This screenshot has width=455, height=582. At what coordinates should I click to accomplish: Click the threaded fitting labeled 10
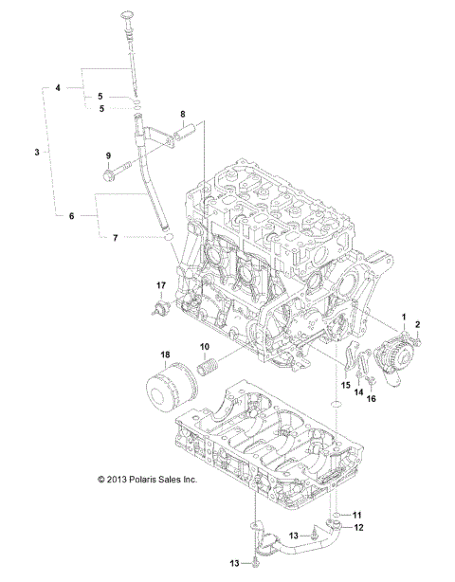click(x=209, y=369)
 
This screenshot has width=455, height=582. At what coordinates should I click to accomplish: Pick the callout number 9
click(x=107, y=155)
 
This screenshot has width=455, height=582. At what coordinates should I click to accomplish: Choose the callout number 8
click(x=184, y=115)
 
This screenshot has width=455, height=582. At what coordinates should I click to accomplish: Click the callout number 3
click(x=37, y=152)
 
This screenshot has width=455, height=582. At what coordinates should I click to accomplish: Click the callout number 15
click(x=345, y=386)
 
